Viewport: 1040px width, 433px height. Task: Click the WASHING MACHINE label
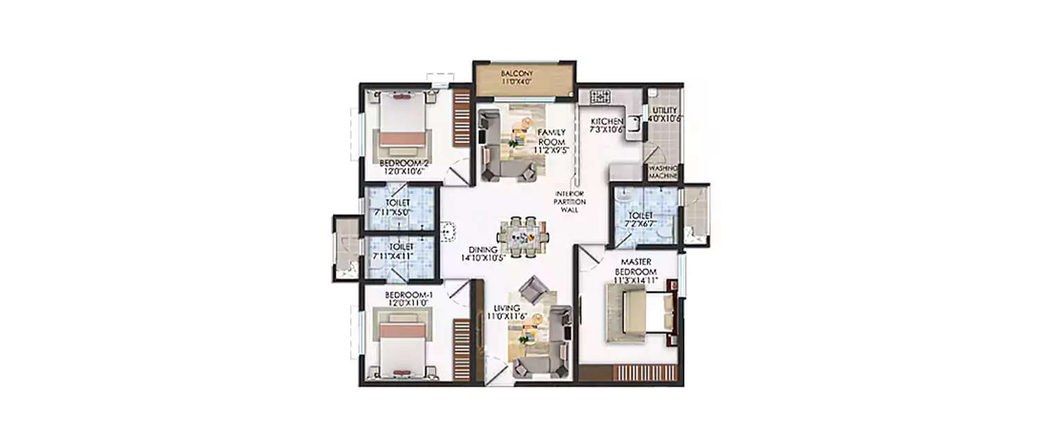[663, 172]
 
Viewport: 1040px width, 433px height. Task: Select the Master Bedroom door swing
[591, 260]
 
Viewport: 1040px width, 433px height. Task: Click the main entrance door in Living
[496, 369]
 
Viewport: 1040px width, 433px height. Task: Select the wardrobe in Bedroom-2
[462, 118]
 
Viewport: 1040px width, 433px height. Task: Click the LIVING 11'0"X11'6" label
[510, 312]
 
